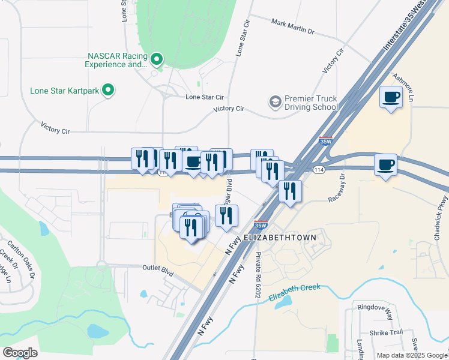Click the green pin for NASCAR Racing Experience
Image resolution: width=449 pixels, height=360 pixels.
point(157,59)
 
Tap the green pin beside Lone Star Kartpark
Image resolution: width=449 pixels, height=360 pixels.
point(109,91)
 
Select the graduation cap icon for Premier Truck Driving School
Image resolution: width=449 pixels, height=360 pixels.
point(276,101)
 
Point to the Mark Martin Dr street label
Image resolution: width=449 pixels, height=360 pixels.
point(292,26)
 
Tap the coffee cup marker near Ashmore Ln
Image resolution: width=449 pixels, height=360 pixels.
point(391,97)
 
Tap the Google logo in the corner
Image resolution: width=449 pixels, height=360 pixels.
point(20,353)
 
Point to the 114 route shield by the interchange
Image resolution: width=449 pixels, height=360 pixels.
point(319,170)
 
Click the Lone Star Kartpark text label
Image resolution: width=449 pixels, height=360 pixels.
point(65,91)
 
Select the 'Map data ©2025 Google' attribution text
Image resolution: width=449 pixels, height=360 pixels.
point(411,355)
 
